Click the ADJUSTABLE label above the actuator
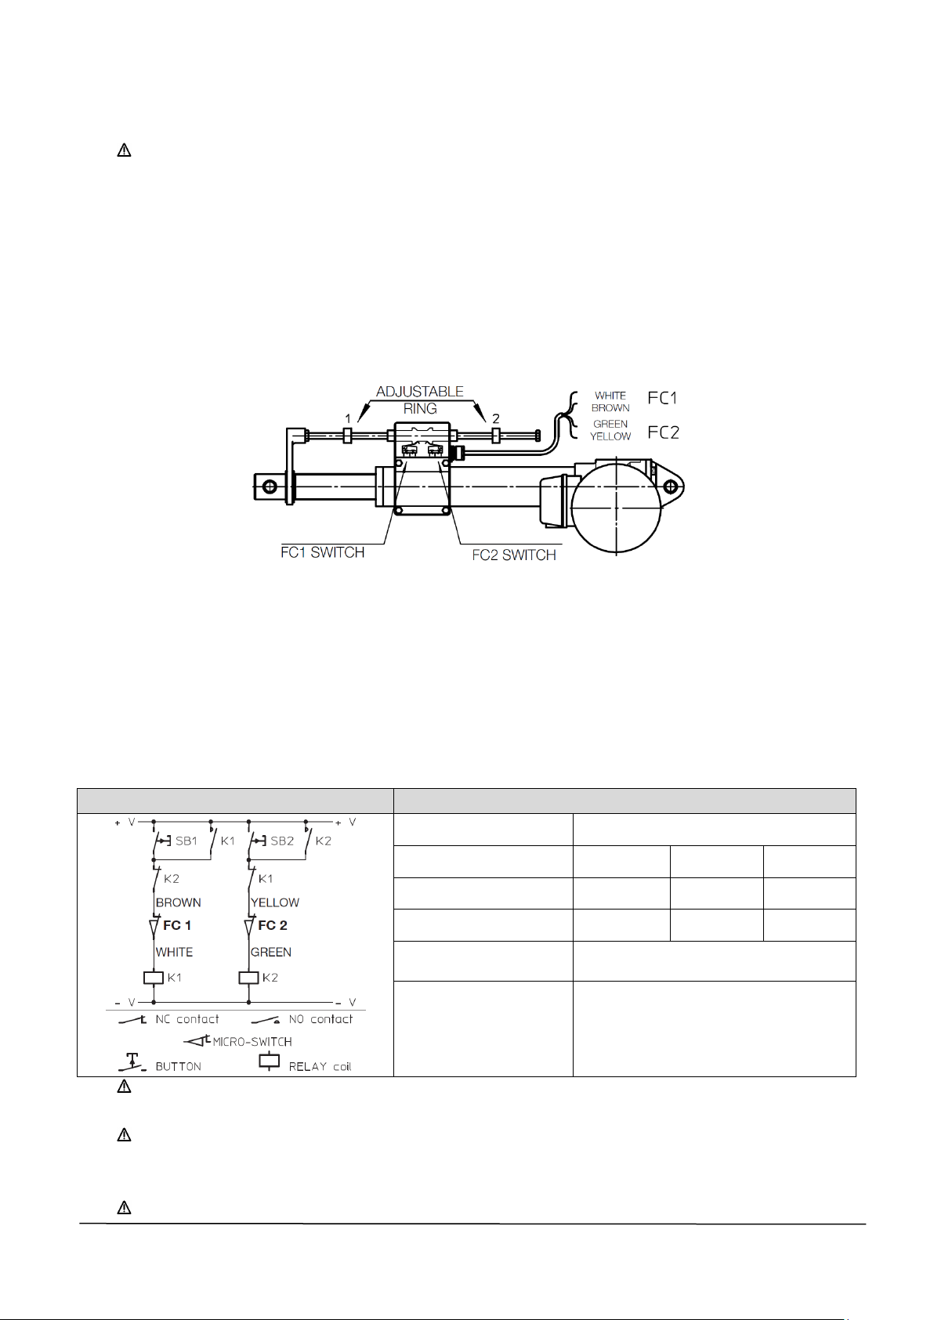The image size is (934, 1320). tap(419, 391)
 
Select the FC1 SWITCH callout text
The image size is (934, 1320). tap(322, 552)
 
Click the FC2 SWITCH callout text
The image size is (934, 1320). tap(514, 555)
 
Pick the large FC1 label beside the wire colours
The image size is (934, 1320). tap(662, 399)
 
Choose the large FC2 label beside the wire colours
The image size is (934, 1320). tap(663, 432)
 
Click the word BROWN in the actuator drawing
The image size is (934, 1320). tap(610, 408)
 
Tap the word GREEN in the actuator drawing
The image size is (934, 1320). tap(610, 424)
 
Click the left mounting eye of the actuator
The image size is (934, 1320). tap(270, 486)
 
